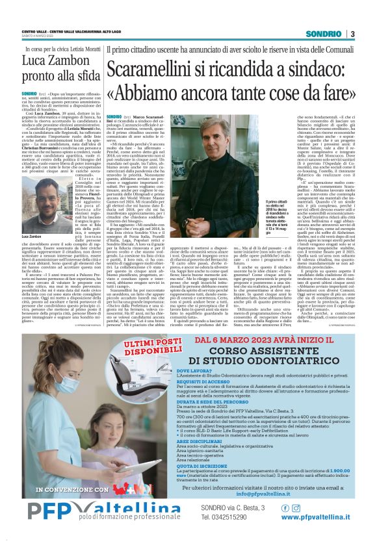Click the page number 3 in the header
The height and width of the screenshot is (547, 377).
point(352,34)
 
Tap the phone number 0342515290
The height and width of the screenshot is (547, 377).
point(225,517)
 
